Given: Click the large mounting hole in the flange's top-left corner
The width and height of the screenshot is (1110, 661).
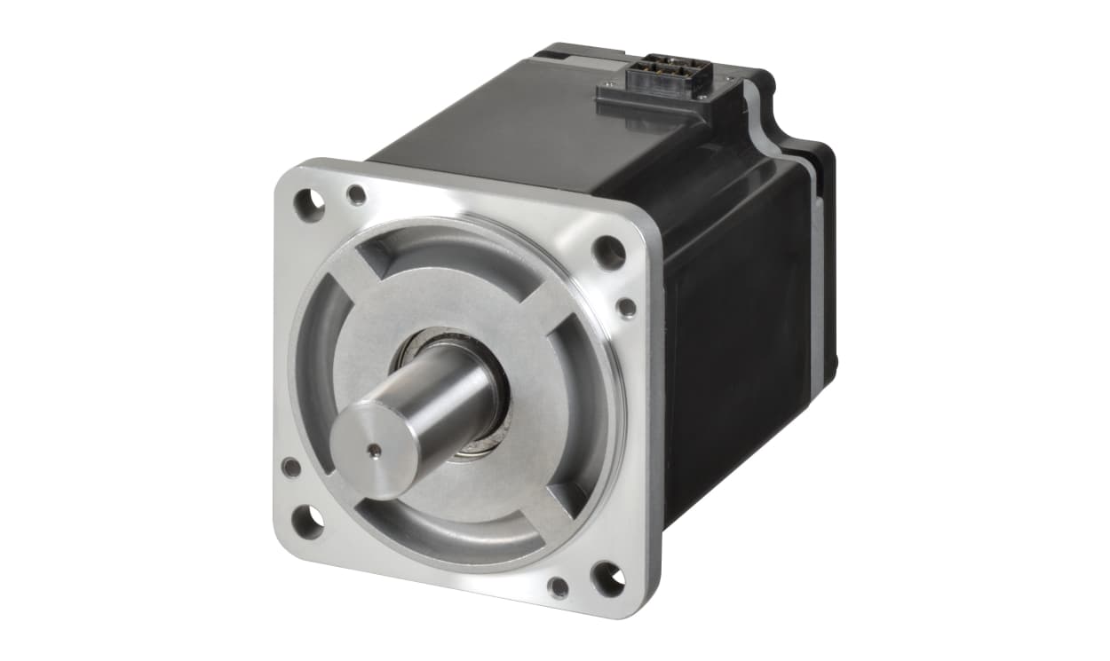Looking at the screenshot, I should click(x=309, y=206).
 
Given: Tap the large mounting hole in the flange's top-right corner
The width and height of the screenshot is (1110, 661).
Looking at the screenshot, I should click(x=609, y=252).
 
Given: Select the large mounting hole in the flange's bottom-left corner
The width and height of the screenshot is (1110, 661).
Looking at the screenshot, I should click(x=307, y=521).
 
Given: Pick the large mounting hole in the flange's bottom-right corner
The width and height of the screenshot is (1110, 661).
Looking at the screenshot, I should click(x=608, y=578).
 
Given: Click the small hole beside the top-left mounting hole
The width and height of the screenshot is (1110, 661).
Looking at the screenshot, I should click(x=356, y=195).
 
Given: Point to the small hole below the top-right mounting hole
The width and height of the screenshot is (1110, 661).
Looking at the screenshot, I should click(x=627, y=308).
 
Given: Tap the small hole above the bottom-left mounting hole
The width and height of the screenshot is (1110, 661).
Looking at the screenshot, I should click(x=290, y=467).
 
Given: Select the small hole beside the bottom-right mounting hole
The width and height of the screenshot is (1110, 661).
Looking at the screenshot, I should click(x=559, y=586).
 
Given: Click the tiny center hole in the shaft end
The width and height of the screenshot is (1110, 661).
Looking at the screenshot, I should click(x=375, y=451).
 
